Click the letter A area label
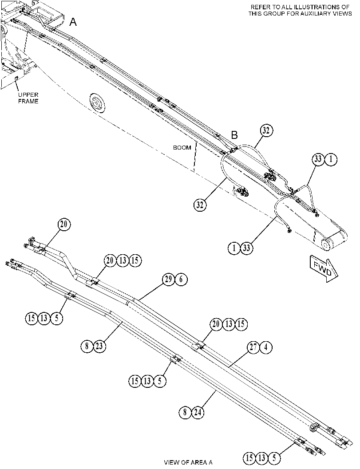tap(73, 22)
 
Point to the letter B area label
tap(235, 135)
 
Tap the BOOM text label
tap(182, 147)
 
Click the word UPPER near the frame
tap(28, 95)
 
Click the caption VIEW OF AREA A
tap(188, 462)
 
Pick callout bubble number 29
tap(169, 280)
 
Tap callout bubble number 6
tap(181, 280)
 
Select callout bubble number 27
tap(253, 347)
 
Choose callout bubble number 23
tap(99, 346)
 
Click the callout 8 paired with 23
tap(87, 346)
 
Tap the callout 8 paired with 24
tap(185, 413)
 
